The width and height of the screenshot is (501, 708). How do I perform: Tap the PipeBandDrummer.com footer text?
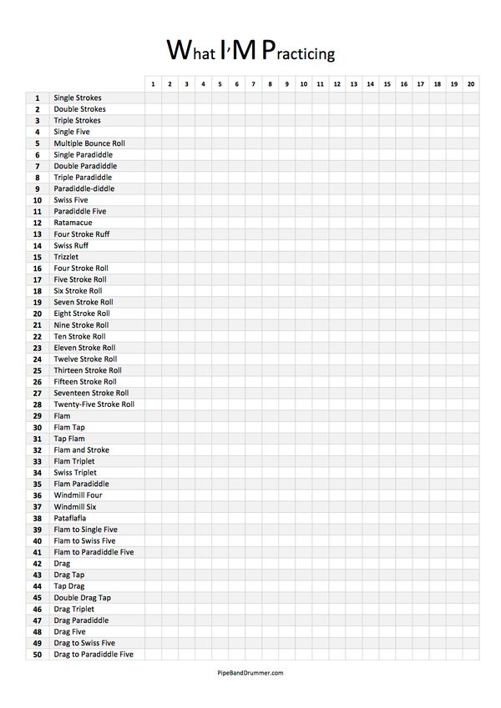tap(250, 671)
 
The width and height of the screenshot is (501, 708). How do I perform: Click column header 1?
tap(153, 84)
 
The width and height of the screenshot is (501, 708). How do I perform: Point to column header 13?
tap(353, 84)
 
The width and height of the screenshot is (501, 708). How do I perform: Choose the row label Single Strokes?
tap(78, 98)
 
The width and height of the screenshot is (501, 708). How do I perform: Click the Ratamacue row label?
tap(73, 223)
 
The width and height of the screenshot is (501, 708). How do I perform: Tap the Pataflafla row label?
tap(70, 518)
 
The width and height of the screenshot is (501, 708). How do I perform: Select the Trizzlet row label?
tap(66, 257)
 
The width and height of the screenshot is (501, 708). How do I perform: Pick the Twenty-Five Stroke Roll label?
tap(94, 404)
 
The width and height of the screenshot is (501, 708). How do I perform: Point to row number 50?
tap(38, 655)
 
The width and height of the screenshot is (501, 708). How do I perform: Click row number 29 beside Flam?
tap(38, 415)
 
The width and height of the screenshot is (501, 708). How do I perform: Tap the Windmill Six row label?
tap(75, 506)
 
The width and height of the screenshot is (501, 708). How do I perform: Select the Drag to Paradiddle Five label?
tap(94, 655)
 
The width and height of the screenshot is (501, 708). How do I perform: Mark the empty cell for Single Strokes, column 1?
tap(153, 98)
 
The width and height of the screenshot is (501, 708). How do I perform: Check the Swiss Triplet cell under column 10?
tap(303, 472)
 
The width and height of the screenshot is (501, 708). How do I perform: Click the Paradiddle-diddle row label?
tap(84, 188)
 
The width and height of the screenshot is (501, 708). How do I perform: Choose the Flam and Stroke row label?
tap(81, 449)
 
